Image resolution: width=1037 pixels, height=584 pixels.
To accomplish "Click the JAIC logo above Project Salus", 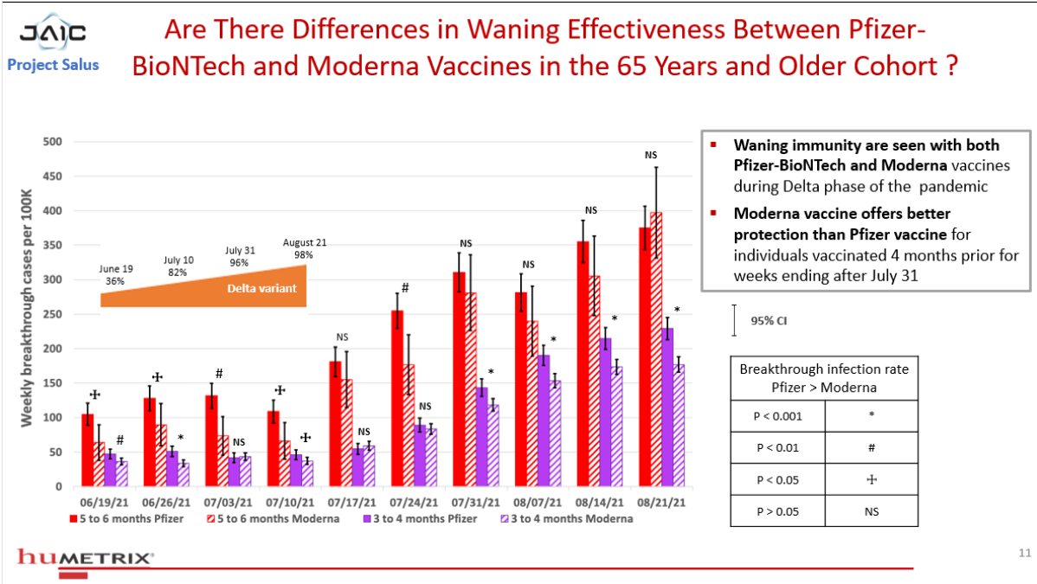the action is click(52, 32).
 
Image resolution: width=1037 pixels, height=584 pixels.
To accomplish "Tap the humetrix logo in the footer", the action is click(86, 557).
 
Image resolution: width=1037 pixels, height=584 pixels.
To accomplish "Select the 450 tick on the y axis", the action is click(52, 176).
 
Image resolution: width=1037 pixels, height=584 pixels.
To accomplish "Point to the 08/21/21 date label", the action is click(661, 503).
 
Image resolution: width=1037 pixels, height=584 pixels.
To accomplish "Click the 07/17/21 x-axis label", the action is click(351, 503).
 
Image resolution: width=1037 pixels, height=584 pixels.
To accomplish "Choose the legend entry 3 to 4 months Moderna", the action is click(567, 519).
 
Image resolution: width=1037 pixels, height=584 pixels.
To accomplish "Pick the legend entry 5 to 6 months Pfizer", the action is click(127, 519).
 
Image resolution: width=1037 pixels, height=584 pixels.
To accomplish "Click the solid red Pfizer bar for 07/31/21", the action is click(459, 379).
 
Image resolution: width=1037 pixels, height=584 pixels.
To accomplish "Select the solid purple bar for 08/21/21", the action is click(668, 408).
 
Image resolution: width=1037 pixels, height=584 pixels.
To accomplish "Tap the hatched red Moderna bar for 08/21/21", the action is click(656, 350).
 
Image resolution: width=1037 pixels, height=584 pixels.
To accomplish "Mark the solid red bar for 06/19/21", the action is click(87, 451).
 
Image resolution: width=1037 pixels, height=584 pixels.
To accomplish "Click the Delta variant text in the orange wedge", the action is click(262, 288).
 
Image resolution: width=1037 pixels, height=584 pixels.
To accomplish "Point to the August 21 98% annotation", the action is click(304, 248).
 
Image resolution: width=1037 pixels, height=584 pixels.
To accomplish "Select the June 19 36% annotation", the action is click(116, 274).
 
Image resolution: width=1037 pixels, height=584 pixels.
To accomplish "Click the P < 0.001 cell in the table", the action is click(777, 416).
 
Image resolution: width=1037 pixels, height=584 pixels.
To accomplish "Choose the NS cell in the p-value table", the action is click(872, 511).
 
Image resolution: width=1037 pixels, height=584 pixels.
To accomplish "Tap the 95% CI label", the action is click(769, 321).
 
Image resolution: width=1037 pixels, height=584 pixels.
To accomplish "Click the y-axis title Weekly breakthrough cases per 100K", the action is click(27, 308).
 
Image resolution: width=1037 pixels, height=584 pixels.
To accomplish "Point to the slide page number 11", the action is click(1024, 553).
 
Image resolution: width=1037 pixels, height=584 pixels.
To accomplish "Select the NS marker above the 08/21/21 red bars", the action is click(651, 155).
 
